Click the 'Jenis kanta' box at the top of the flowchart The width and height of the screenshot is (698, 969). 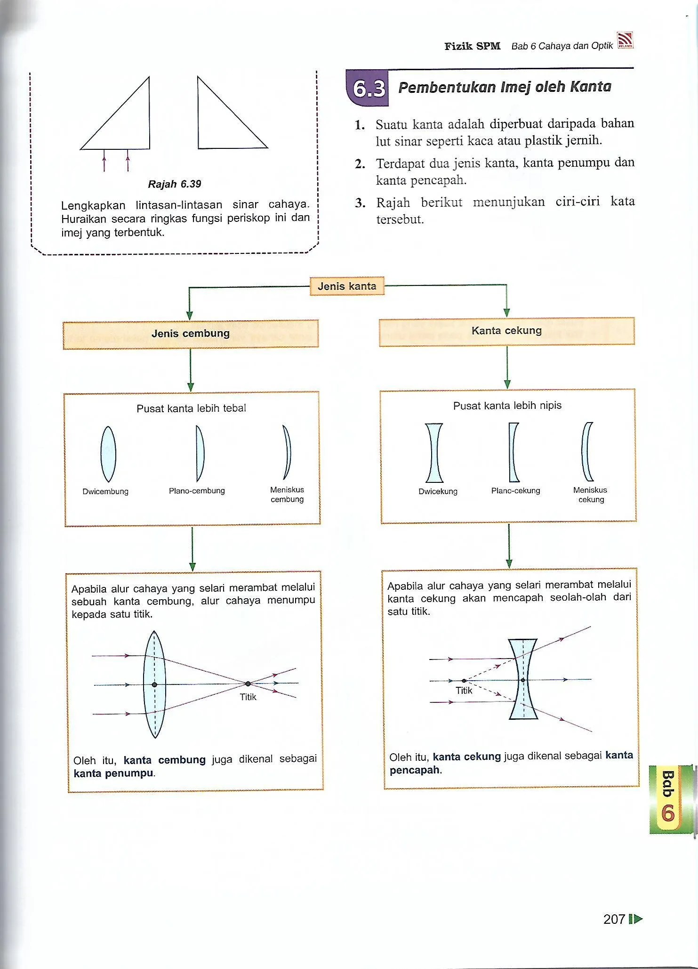pyautogui.click(x=347, y=286)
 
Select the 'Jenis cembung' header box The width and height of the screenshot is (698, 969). pyautogui.click(x=191, y=334)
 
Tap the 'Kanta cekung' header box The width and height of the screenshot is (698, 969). pyautogui.click(x=506, y=331)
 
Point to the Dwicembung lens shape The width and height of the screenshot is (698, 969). pyautogui.click(x=108, y=454)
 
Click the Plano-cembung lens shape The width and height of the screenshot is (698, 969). pyautogui.click(x=200, y=453)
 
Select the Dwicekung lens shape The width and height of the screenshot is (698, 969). pyautogui.click(x=434, y=453)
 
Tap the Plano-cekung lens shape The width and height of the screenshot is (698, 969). pyautogui.click(x=513, y=452)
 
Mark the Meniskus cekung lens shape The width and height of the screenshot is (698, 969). pyautogui.click(x=586, y=451)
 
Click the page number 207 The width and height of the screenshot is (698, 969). pyautogui.click(x=614, y=919)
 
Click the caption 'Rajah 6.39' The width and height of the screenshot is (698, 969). pyautogui.click(x=175, y=184)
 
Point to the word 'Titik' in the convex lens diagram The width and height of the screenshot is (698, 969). pyautogui.click(x=248, y=697)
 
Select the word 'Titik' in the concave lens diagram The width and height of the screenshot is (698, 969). pyautogui.click(x=464, y=690)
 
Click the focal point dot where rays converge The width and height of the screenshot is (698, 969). pyautogui.click(x=248, y=684)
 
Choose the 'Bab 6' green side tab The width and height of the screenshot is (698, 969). pyautogui.click(x=668, y=799)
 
